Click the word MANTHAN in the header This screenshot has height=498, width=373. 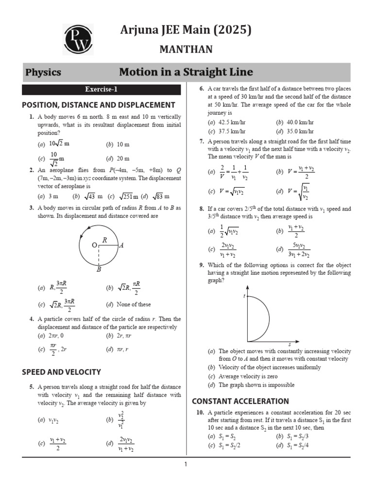[x=186, y=50]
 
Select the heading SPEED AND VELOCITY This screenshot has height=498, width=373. [x=62, y=372]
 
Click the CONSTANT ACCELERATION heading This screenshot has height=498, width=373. [x=240, y=401]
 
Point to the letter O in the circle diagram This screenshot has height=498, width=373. [x=94, y=246]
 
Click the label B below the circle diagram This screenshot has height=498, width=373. [x=99, y=269]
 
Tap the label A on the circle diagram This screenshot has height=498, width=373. [x=121, y=246]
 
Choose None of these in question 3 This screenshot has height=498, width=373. [x=134, y=304]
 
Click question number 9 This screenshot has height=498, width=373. [x=201, y=265]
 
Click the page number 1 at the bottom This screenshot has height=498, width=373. [x=186, y=464]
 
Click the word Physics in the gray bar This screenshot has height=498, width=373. [x=43, y=72]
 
